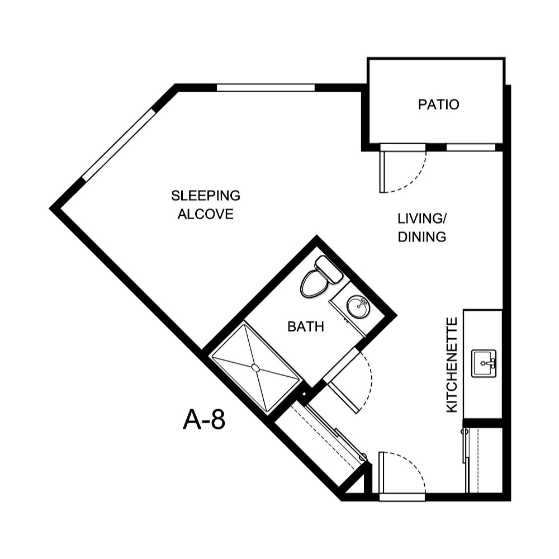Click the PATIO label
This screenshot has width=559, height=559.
pyautogui.click(x=438, y=105)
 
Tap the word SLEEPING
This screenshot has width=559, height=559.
pyautogui.click(x=205, y=196)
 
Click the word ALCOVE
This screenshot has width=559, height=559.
pyautogui.click(x=205, y=214)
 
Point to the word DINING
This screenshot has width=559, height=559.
pyautogui.click(x=422, y=237)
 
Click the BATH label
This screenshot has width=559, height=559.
pyautogui.click(x=305, y=326)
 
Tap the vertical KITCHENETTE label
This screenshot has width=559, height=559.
pyautogui.click(x=452, y=364)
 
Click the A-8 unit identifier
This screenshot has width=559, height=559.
pyautogui.click(x=203, y=420)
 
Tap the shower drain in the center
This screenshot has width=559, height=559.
pyautogui.click(x=255, y=368)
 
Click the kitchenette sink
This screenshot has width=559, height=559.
pyautogui.click(x=484, y=363)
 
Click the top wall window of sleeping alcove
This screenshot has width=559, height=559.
pyautogui.click(x=266, y=88)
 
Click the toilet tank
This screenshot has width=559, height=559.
pyautogui.click(x=329, y=268)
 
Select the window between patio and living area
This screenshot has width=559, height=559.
pyautogui.click(x=471, y=148)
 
